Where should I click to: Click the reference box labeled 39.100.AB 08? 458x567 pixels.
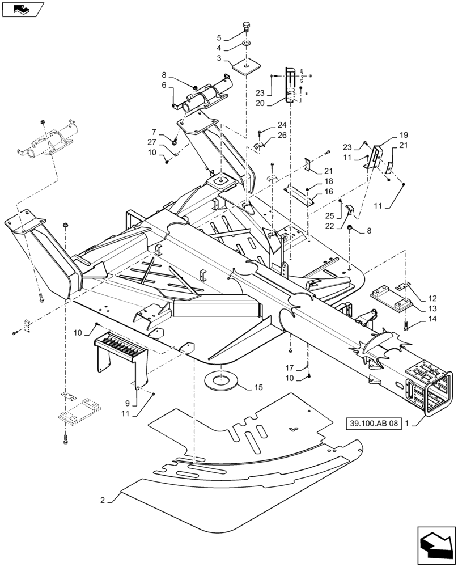372,423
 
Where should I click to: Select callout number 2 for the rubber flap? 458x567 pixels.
103,500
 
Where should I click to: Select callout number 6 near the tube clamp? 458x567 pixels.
164,85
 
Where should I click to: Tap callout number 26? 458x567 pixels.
282,135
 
